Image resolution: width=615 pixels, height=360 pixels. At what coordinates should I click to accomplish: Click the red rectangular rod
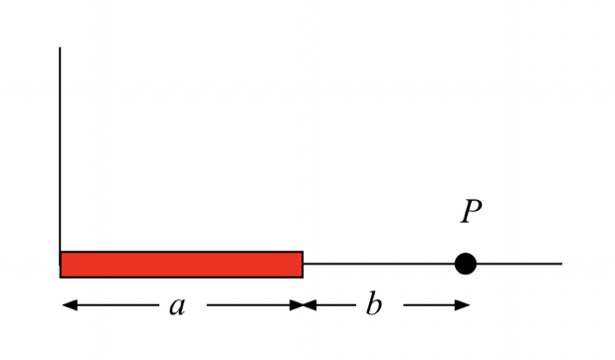(181, 265)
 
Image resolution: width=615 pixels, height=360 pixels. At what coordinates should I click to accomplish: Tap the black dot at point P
(465, 264)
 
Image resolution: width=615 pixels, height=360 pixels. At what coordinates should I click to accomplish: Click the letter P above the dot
(471, 212)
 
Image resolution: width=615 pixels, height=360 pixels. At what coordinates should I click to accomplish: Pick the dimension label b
(373, 305)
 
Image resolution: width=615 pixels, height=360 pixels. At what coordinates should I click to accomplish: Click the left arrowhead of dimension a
(69, 305)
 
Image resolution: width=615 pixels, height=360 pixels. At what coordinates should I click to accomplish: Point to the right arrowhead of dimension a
(296, 305)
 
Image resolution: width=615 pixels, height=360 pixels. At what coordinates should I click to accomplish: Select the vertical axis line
(60, 149)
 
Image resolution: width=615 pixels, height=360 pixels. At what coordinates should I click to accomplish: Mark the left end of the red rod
(63, 265)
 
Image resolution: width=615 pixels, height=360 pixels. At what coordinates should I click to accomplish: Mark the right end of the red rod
(301, 265)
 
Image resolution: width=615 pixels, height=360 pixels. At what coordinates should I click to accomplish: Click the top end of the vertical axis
(60, 49)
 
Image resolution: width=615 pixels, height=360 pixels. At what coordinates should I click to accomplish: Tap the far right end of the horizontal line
(560, 264)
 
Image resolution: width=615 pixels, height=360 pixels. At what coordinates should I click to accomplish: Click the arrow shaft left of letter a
(114, 305)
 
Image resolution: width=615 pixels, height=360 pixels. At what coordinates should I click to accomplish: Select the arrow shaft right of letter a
(249, 305)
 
